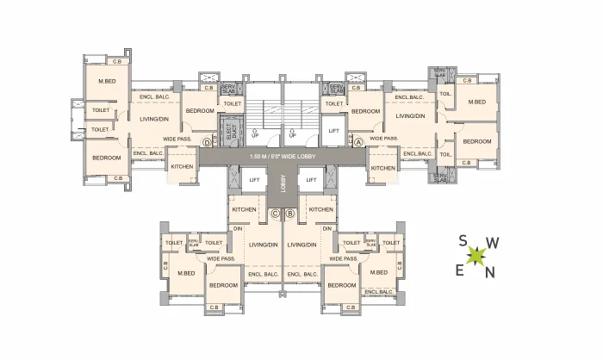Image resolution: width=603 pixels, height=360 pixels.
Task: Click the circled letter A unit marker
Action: click(358, 142)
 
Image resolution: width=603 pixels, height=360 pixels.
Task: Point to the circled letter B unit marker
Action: click(290, 214)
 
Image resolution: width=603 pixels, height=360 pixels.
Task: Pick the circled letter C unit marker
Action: click(275, 214)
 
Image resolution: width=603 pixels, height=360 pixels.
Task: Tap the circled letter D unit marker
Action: click(206, 142)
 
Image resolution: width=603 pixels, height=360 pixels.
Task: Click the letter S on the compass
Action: click(463, 241)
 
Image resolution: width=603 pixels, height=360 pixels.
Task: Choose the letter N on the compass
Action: click(489, 273)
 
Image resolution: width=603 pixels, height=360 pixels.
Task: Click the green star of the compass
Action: click(476, 257)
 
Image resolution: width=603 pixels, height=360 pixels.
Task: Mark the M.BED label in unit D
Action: click(107, 82)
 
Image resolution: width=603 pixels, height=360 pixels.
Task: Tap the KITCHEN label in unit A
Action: click(382, 167)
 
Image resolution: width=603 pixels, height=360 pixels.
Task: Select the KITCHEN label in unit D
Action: click(182, 166)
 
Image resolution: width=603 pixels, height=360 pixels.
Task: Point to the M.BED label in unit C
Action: click(186, 273)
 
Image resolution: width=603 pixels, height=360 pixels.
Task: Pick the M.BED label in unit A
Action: click(476, 102)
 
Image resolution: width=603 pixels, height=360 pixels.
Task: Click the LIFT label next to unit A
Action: click(334, 131)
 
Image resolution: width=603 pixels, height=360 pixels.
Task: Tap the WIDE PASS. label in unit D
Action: click(176, 138)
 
